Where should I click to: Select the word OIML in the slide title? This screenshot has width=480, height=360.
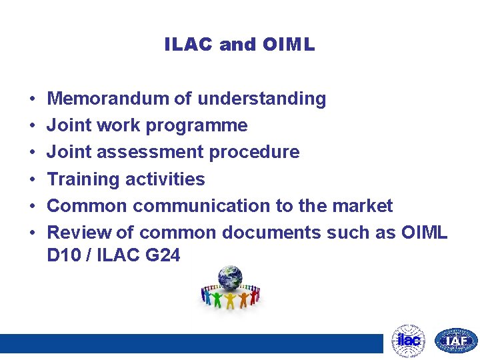[x=288, y=45]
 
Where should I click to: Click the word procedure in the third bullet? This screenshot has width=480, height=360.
[x=255, y=152]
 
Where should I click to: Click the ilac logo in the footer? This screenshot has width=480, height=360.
[x=408, y=341]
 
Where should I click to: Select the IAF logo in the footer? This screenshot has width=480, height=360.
[x=456, y=341]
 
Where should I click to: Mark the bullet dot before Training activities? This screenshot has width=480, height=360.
[x=32, y=179]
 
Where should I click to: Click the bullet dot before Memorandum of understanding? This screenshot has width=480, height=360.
[x=32, y=99]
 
